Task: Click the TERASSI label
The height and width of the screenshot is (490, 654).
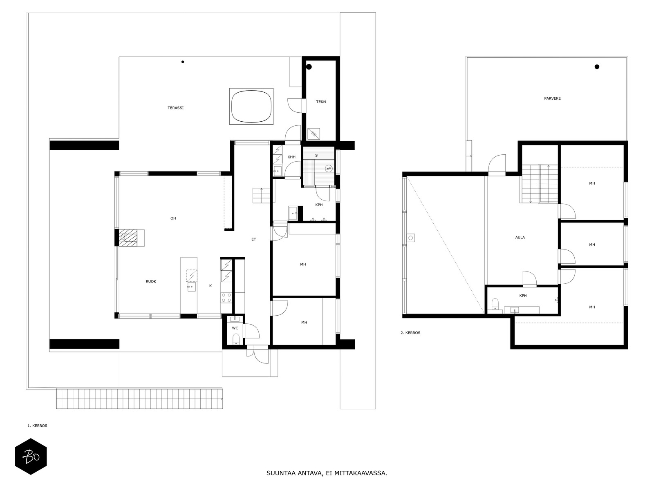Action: click(x=175, y=108)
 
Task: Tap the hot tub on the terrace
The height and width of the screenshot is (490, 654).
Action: click(x=251, y=106)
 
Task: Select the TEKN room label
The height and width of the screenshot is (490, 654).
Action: click(x=321, y=102)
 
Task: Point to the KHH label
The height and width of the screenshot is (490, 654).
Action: click(x=291, y=157)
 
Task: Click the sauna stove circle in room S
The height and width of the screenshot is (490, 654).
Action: click(x=328, y=168)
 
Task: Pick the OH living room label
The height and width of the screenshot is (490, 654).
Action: click(x=173, y=218)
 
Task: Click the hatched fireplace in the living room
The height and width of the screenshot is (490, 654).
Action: click(x=128, y=238)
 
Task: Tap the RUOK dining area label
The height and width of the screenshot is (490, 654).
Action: click(x=151, y=281)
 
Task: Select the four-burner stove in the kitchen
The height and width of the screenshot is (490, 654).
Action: click(x=226, y=298)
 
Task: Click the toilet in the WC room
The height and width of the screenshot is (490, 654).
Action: click(x=236, y=339)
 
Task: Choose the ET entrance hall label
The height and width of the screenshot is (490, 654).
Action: click(x=253, y=239)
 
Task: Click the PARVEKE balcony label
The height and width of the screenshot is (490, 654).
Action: click(x=552, y=98)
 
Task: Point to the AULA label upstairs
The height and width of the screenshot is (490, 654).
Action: click(x=520, y=237)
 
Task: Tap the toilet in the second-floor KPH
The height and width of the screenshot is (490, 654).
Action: click(x=495, y=304)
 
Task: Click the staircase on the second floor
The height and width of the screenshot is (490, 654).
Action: click(x=539, y=184)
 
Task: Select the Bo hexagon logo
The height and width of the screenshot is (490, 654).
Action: click(x=31, y=457)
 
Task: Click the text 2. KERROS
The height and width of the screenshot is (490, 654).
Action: click(x=410, y=333)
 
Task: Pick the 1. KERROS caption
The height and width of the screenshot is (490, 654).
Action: click(x=37, y=426)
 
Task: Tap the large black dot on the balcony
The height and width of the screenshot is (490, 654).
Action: click(x=597, y=67)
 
